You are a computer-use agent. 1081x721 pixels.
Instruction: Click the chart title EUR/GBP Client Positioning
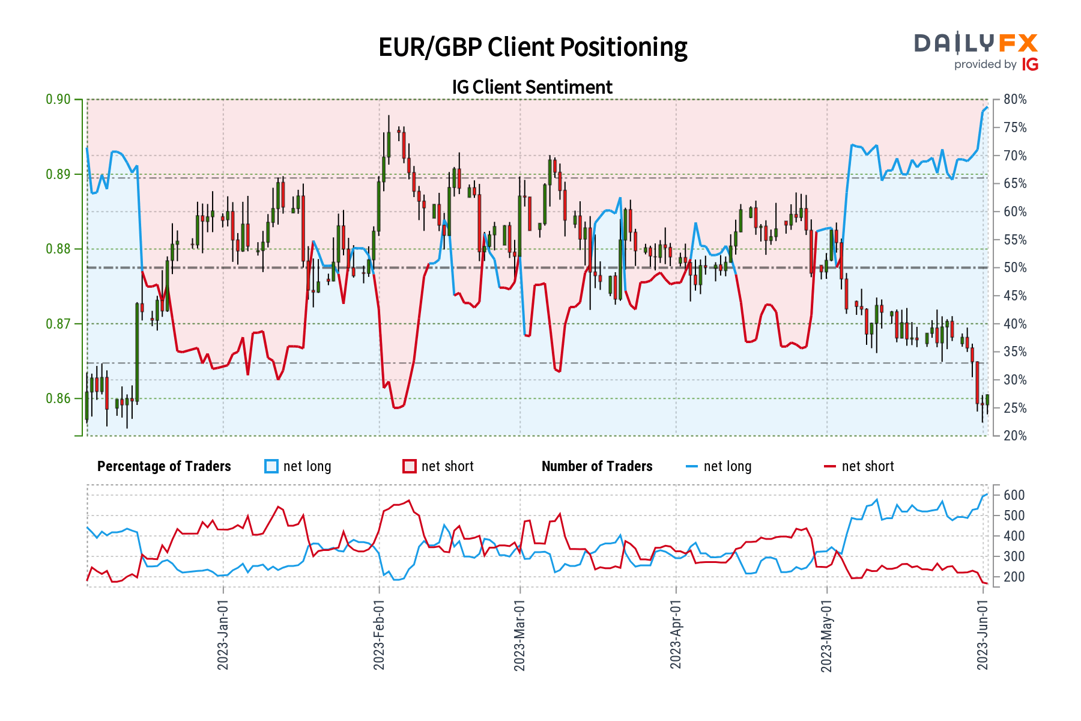coord(533,47)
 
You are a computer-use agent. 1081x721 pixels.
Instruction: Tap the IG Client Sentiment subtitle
coord(532,87)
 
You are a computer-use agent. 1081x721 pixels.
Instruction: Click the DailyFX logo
coord(976,43)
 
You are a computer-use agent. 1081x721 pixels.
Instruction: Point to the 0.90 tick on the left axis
coord(58,100)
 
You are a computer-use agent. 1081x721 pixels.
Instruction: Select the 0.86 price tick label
coord(58,399)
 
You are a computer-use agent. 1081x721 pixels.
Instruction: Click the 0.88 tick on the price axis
coord(58,249)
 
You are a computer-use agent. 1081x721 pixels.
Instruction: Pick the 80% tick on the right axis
coord(1015,100)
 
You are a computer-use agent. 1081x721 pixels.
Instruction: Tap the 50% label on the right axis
coord(1015,268)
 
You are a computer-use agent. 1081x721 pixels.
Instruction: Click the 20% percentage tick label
coord(1015,436)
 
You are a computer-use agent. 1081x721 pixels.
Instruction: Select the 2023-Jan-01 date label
coord(223,634)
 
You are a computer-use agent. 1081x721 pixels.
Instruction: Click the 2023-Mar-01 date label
coord(519,634)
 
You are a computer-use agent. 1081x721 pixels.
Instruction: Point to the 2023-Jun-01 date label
coord(983,634)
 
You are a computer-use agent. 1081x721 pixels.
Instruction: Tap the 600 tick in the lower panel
coord(1014,495)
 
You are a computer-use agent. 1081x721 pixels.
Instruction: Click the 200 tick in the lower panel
coord(1014,577)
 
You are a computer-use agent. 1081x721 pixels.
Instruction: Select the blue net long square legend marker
coord(271,466)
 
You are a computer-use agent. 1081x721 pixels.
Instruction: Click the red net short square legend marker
coord(410,466)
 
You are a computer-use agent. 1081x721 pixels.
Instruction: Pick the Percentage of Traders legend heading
coord(164,466)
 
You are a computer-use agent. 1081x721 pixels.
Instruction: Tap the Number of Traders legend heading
coord(597,466)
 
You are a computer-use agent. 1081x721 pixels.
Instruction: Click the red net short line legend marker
coord(829,466)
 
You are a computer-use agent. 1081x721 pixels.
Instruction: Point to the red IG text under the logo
coord(1030,64)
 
